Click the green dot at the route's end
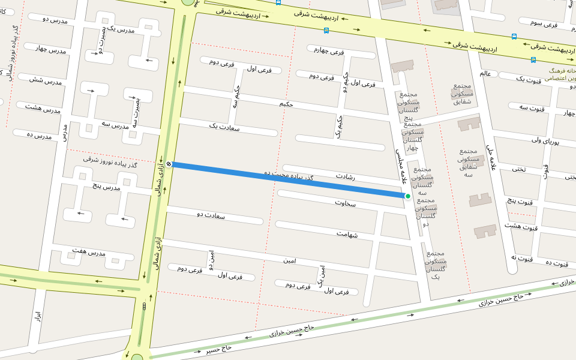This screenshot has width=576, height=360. pos(407,196)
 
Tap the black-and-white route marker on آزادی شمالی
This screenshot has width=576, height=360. pos(169,164)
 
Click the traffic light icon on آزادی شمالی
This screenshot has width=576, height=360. pos(144,306)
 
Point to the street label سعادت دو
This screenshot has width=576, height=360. pos(211,215)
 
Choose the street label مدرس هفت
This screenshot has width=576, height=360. pos(89,251)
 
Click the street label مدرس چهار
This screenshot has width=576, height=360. pos(50,50)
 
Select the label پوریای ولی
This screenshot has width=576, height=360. pos(545,142)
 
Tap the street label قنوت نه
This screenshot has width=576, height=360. pos(522,258)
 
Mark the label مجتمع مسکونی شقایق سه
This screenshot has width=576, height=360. pos(468,162)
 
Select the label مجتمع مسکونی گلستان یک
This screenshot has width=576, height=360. pos(436,265)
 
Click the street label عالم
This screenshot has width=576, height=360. pos(485,73)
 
